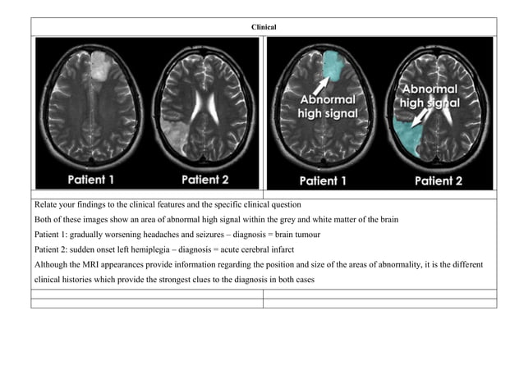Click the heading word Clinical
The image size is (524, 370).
click(264, 28)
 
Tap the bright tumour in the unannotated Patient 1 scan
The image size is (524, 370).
click(98, 64)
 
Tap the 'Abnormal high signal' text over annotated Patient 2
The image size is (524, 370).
click(430, 96)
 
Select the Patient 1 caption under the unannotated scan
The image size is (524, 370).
click(98, 178)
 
